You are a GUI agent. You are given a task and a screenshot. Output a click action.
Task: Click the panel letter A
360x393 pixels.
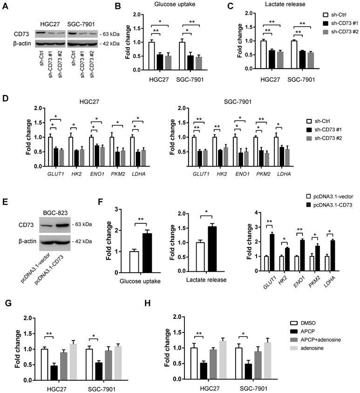coord(5,7)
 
